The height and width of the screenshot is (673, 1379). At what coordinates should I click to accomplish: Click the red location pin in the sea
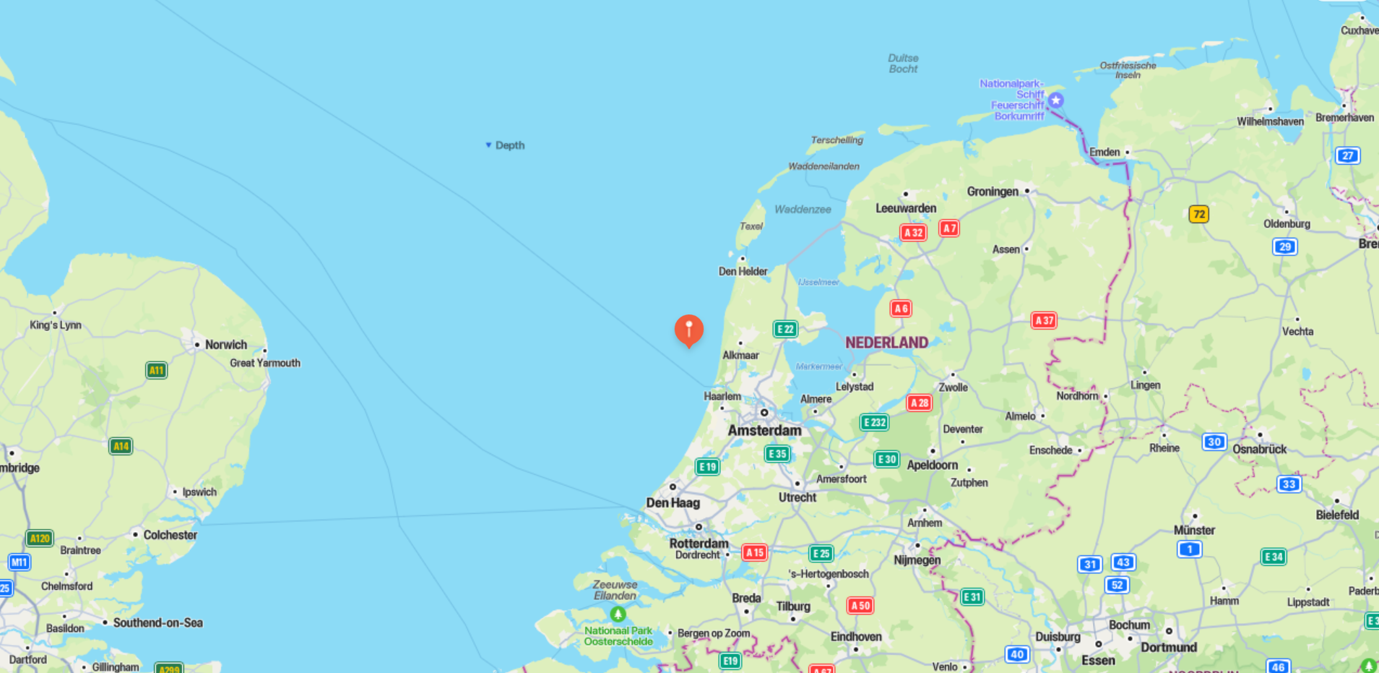[x=688, y=330]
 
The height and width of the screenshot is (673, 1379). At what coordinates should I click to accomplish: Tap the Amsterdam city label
[x=764, y=430]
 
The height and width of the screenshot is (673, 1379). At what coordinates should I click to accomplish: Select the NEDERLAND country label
[x=886, y=343]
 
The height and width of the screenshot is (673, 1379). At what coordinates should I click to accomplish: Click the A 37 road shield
[x=1043, y=320]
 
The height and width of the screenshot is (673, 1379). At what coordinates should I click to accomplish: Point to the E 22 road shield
[x=784, y=330]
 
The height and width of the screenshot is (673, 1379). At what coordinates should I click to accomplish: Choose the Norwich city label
[x=225, y=345]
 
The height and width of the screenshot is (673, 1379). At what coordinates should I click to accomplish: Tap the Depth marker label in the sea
[x=509, y=145]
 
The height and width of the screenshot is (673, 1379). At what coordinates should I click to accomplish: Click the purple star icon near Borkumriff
[x=1055, y=100]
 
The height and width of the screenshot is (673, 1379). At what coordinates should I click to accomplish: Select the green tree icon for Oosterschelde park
[x=618, y=614]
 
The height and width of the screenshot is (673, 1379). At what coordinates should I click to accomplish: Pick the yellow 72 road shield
[x=1198, y=214]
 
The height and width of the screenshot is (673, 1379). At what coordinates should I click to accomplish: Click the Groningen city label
[x=993, y=192]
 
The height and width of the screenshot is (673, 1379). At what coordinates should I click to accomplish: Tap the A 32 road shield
[x=913, y=233]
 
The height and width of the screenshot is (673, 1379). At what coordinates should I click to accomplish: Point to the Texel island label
[x=751, y=226]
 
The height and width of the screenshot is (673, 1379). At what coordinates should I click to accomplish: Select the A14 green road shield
[x=121, y=446]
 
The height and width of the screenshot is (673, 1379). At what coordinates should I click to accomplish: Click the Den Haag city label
[x=673, y=502]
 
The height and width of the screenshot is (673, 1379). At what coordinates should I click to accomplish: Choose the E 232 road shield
[x=874, y=422]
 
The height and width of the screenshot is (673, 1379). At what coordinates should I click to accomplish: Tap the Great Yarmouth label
[x=265, y=363]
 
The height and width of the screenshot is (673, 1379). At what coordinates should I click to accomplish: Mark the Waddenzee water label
[x=803, y=210]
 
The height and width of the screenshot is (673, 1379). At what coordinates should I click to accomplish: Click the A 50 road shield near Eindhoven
[x=860, y=606]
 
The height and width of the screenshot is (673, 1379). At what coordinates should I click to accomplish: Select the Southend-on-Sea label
[x=157, y=622]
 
